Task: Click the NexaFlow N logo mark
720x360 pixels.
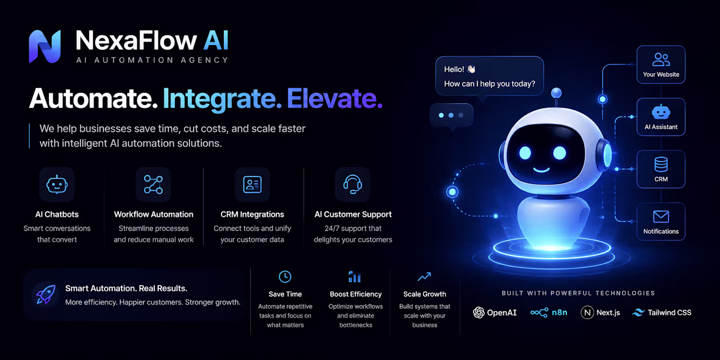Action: pos(45,46)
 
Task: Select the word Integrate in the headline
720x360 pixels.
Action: pos(222,100)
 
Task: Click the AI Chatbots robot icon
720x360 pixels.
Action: pos(57,184)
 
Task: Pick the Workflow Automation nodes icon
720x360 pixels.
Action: pos(153,184)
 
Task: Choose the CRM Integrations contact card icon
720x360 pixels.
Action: pos(252,184)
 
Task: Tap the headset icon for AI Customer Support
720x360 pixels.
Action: pos(353,184)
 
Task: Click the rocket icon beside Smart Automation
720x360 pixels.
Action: pos(46,294)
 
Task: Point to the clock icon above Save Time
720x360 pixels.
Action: pos(285,277)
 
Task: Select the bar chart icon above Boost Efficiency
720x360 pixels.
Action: pos(355,277)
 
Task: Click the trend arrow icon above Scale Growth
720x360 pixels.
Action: pos(424,277)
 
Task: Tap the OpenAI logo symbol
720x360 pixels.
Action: pos(479,312)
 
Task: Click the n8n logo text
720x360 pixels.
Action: pos(560,312)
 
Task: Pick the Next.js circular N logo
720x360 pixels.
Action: pos(587,312)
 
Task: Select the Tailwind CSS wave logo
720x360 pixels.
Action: pos(638,312)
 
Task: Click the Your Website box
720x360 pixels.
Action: pos(661,65)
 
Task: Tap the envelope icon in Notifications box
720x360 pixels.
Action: pos(661,216)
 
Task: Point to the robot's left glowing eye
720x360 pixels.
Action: pos(525,153)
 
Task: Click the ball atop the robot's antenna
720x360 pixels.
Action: pos(556,93)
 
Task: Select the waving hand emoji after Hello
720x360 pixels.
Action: pos(471,69)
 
